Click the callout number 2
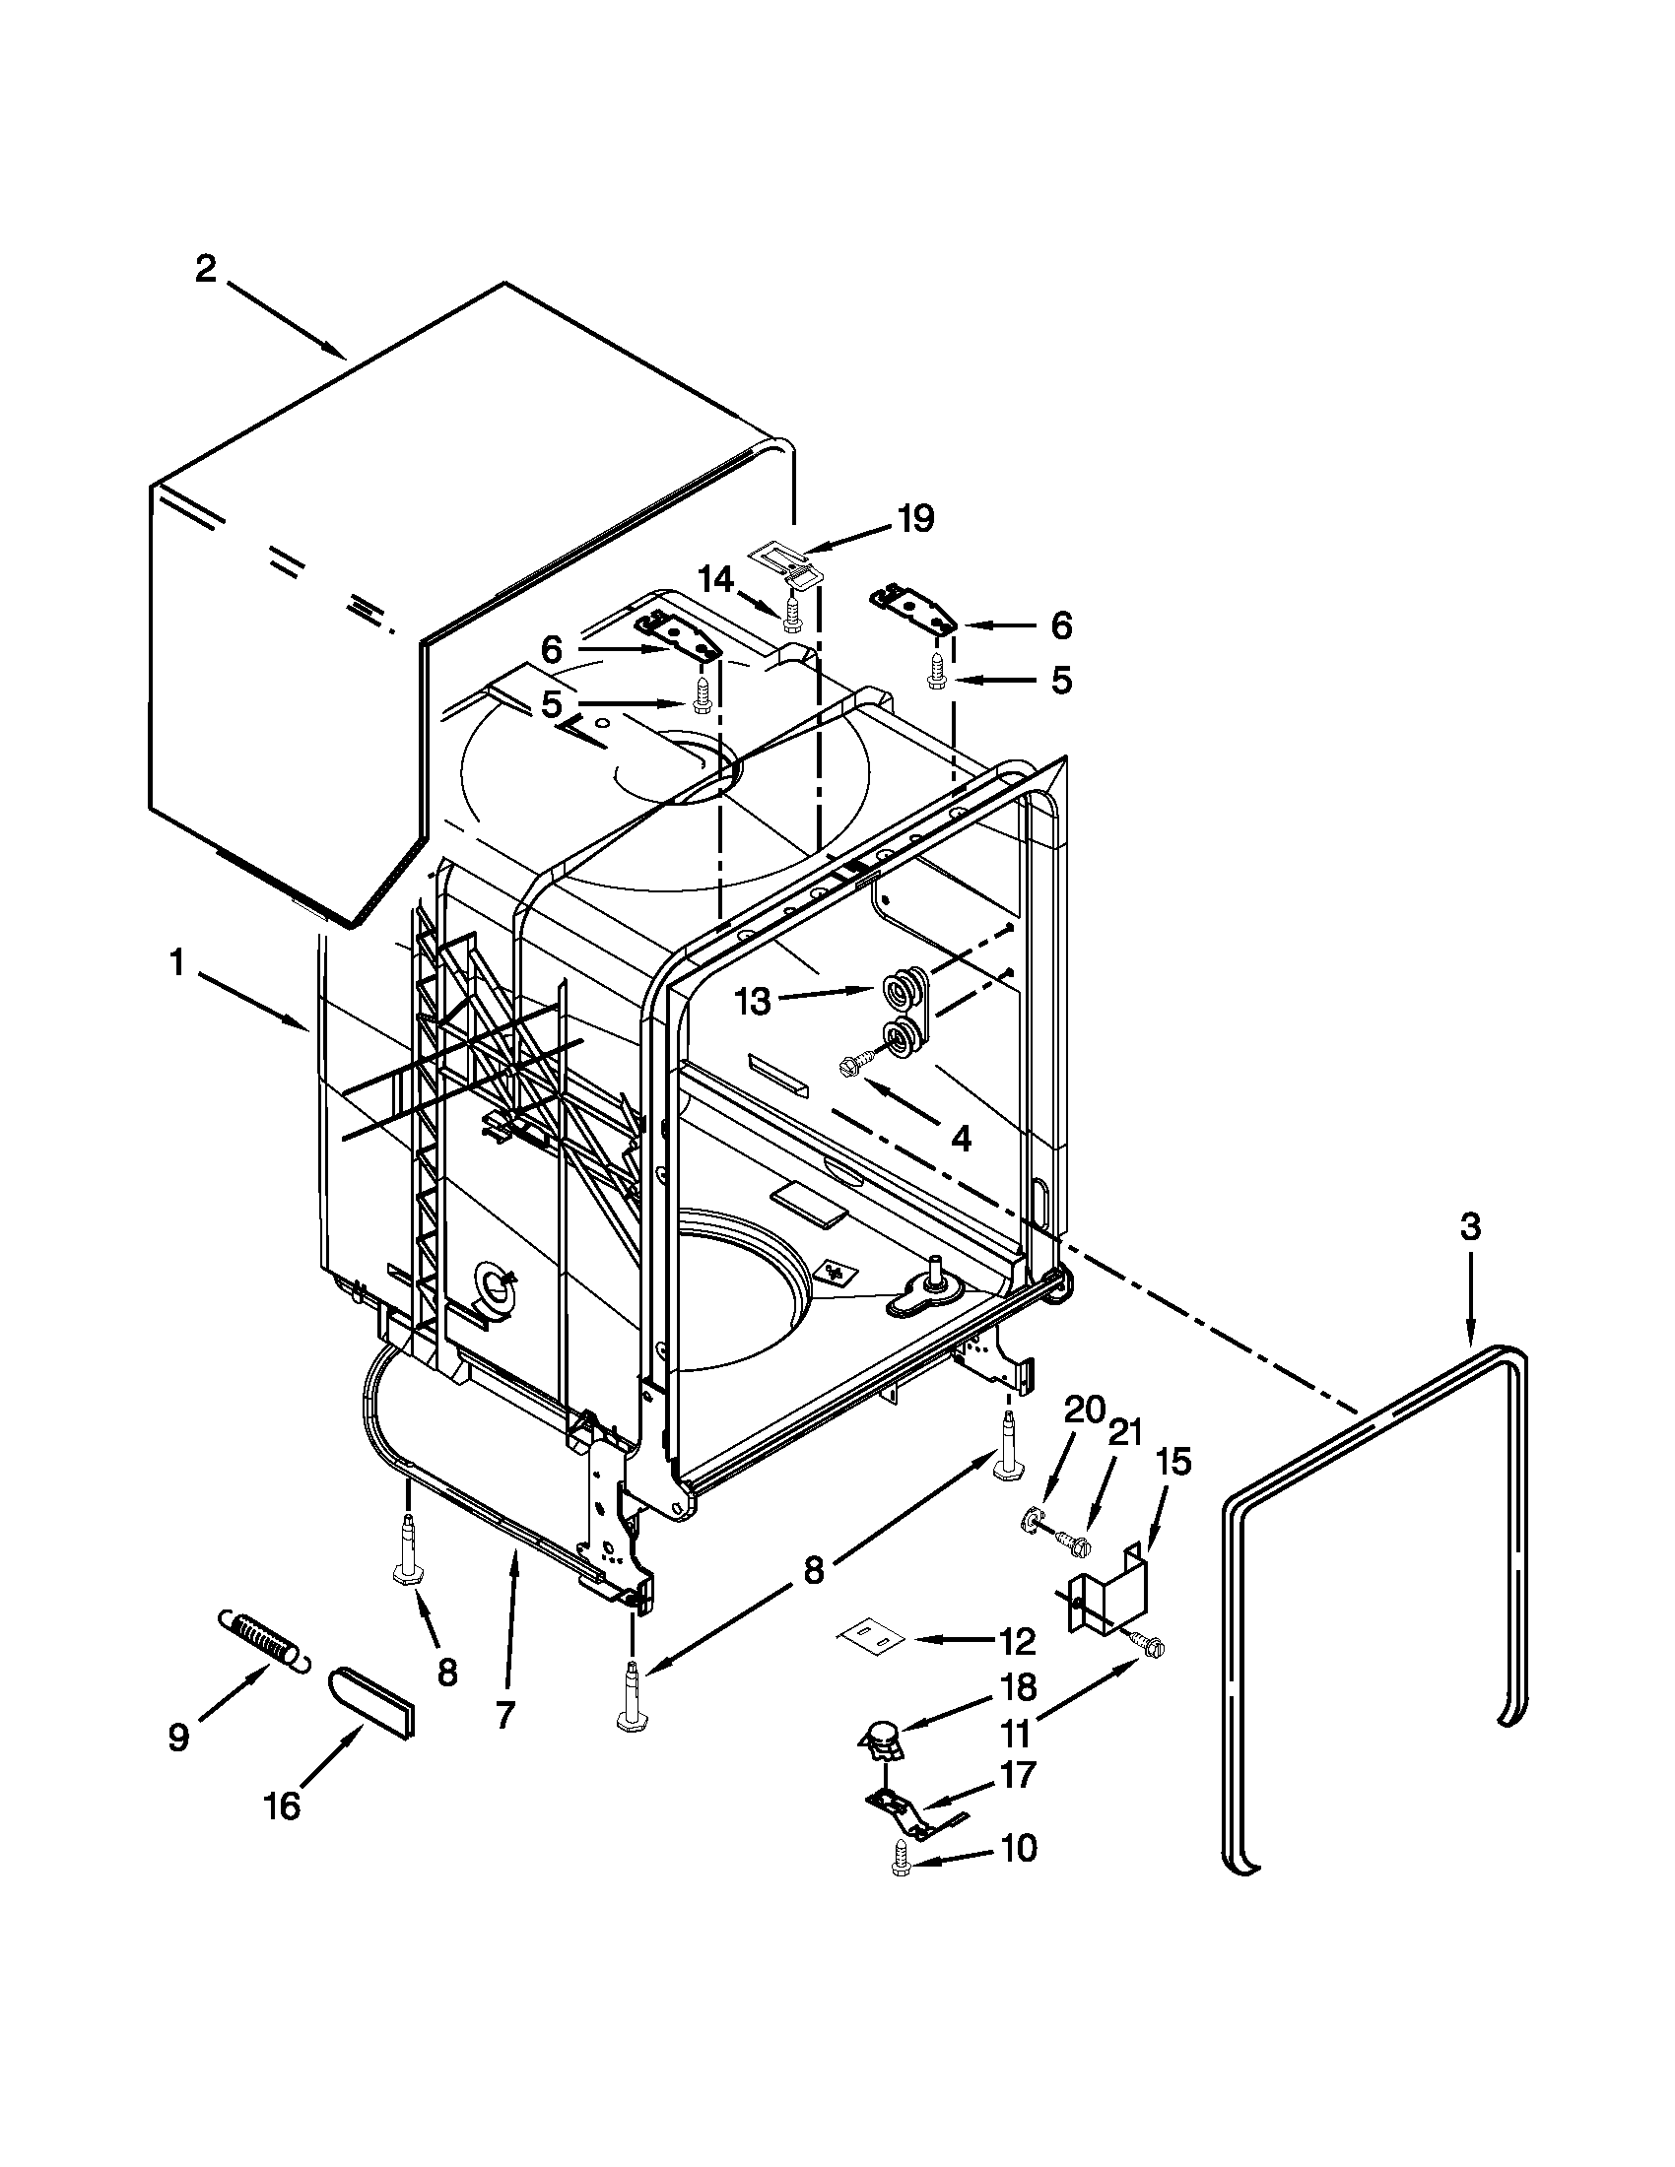[205, 270]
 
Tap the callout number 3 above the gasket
[1471, 1227]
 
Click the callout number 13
[753, 1001]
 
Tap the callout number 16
[283, 1805]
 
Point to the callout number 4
[960, 1138]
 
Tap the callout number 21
[1124, 1432]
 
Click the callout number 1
[176, 962]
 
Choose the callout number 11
[1015, 1733]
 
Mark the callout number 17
[1018, 1773]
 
